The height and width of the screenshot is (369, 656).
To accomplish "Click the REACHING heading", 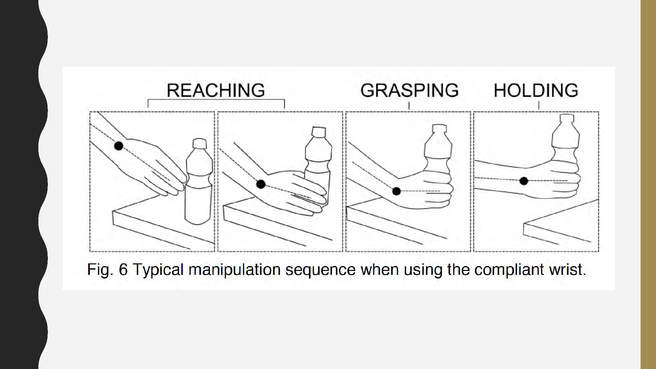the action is (x=216, y=90).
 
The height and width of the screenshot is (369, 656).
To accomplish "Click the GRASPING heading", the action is (x=409, y=90).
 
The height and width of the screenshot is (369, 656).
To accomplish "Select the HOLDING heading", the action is (x=536, y=90).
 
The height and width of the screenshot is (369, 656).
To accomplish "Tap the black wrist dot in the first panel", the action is (x=119, y=146).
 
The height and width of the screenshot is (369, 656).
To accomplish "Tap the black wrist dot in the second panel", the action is (x=261, y=184).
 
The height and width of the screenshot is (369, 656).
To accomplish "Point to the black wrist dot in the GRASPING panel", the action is (x=397, y=191).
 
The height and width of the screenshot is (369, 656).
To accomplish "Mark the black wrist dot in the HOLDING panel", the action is (x=524, y=181).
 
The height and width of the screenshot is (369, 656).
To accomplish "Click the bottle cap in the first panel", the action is (x=199, y=143).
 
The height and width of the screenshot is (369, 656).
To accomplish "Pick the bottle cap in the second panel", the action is (x=318, y=132).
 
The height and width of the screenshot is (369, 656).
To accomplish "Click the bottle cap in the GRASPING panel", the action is (x=439, y=129).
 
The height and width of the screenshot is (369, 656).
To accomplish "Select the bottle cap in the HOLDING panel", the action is (x=567, y=118).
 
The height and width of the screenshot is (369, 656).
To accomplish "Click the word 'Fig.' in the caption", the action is (x=100, y=270).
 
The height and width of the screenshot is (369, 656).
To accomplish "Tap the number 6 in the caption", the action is (x=123, y=270).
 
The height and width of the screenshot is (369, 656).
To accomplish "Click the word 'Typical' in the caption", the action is (x=158, y=270).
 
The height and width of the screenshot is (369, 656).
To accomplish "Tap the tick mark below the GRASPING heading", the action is (x=409, y=106).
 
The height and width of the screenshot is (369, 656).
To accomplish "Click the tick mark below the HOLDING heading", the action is (x=539, y=105).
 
